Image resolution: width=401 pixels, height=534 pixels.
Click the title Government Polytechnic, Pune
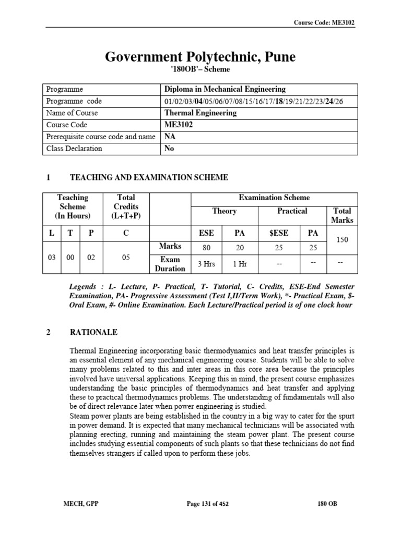200,57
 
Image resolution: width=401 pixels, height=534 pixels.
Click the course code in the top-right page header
326,22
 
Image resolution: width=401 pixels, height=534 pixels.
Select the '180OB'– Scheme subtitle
200,69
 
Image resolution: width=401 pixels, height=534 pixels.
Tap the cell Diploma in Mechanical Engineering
225,89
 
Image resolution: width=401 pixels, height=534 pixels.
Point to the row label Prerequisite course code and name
101,137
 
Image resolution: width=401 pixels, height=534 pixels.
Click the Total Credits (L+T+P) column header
126,207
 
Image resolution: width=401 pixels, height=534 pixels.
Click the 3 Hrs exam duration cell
207,264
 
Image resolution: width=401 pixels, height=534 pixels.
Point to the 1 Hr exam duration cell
240,264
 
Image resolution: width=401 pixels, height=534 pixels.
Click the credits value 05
125,257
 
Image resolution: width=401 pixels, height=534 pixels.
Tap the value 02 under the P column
91,257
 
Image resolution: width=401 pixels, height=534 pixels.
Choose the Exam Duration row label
170,264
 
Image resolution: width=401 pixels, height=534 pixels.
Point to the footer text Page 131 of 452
208,504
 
